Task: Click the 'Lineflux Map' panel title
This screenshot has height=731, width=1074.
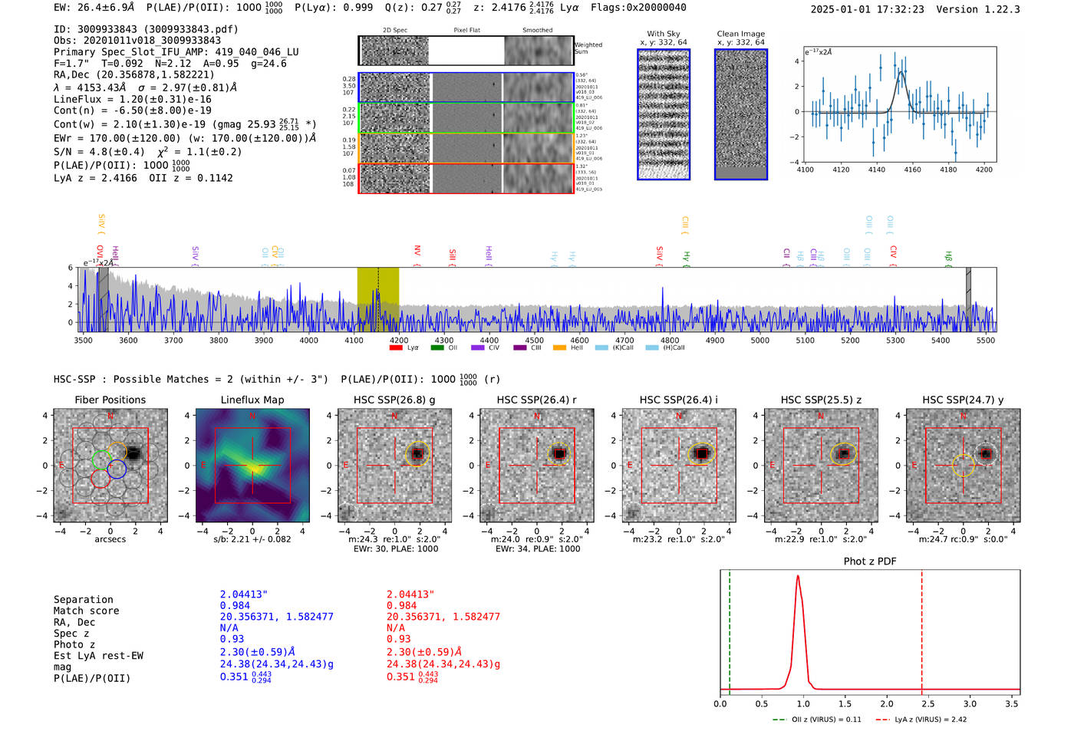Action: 252,400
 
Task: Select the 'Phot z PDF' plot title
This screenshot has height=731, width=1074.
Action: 870,561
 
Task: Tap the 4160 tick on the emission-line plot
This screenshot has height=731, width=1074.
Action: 912,170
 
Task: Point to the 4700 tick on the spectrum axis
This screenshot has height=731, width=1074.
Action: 624,340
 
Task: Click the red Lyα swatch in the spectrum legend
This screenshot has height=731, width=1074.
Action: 396,348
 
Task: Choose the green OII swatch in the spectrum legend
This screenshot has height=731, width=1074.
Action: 437,348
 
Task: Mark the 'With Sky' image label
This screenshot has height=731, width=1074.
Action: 664,34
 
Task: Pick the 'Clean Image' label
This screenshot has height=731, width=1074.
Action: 740,34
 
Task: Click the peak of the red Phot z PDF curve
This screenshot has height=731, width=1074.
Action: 798,577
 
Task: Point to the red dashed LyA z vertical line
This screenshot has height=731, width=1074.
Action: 921,629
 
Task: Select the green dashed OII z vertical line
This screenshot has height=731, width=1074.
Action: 730,629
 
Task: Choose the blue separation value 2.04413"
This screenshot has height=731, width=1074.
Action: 244,594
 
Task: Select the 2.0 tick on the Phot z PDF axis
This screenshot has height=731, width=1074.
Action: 887,703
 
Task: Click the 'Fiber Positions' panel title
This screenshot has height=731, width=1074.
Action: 110,400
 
